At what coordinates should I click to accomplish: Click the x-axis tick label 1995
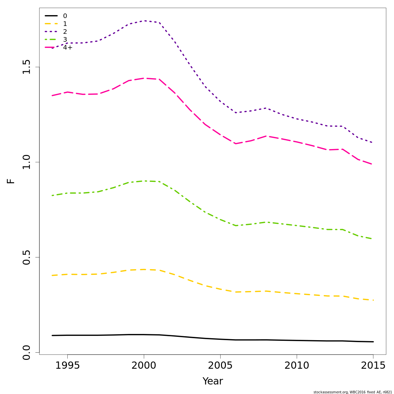click(x=67, y=365)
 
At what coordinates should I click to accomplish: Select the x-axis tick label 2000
click(x=144, y=365)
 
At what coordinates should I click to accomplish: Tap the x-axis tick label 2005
click(x=220, y=365)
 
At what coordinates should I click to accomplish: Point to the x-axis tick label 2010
click(x=297, y=365)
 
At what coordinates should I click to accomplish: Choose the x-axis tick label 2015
click(x=373, y=365)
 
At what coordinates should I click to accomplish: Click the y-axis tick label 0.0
click(x=26, y=353)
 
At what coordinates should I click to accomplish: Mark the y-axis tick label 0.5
click(x=26, y=257)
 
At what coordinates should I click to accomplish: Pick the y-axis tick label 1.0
click(x=26, y=162)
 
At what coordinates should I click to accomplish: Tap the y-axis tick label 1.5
click(x=26, y=67)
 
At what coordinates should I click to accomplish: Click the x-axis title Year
click(x=213, y=381)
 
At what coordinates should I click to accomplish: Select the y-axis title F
click(x=11, y=181)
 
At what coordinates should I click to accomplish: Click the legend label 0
click(x=65, y=16)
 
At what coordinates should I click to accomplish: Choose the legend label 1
click(x=65, y=24)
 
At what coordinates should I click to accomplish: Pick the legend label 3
click(x=65, y=40)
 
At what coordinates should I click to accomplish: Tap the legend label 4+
click(x=68, y=48)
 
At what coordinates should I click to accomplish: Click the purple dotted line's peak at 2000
click(x=144, y=21)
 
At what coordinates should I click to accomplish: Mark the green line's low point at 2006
click(x=236, y=226)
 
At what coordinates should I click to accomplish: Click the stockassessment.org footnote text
click(x=353, y=392)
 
